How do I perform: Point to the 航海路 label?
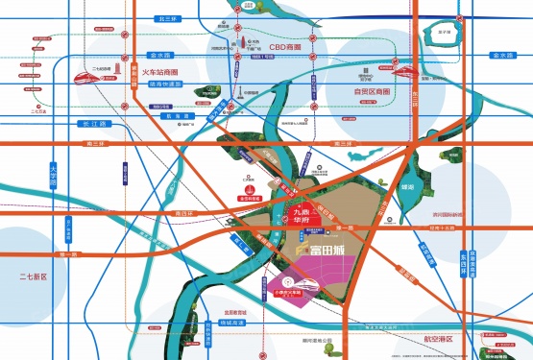tap(187, 114)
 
